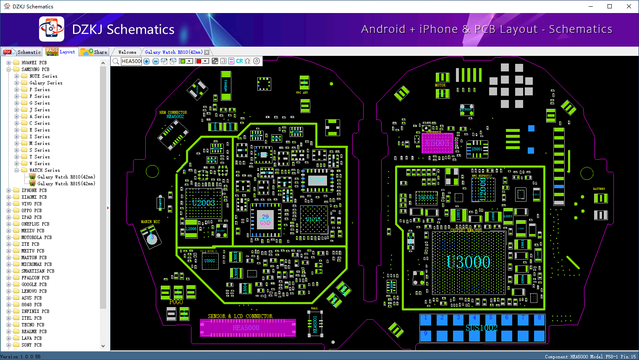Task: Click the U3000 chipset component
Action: point(468,263)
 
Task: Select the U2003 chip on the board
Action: point(204,203)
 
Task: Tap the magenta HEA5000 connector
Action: point(247,328)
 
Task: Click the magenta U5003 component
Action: point(437,143)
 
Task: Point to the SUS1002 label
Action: point(482,328)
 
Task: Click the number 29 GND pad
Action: point(265,219)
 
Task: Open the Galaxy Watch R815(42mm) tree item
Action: point(66,184)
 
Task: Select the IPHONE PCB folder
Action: point(34,190)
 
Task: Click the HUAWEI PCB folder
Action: point(34,63)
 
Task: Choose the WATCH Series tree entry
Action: point(45,170)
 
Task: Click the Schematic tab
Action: point(23,52)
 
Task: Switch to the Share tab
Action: point(95,52)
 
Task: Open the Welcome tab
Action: point(127,52)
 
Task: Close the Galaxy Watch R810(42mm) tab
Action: point(207,53)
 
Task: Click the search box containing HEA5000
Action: point(131,61)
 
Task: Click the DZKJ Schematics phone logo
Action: point(52,29)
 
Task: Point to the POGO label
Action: point(176,302)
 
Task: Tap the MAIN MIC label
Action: point(150,222)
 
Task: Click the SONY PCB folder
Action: point(31,345)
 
